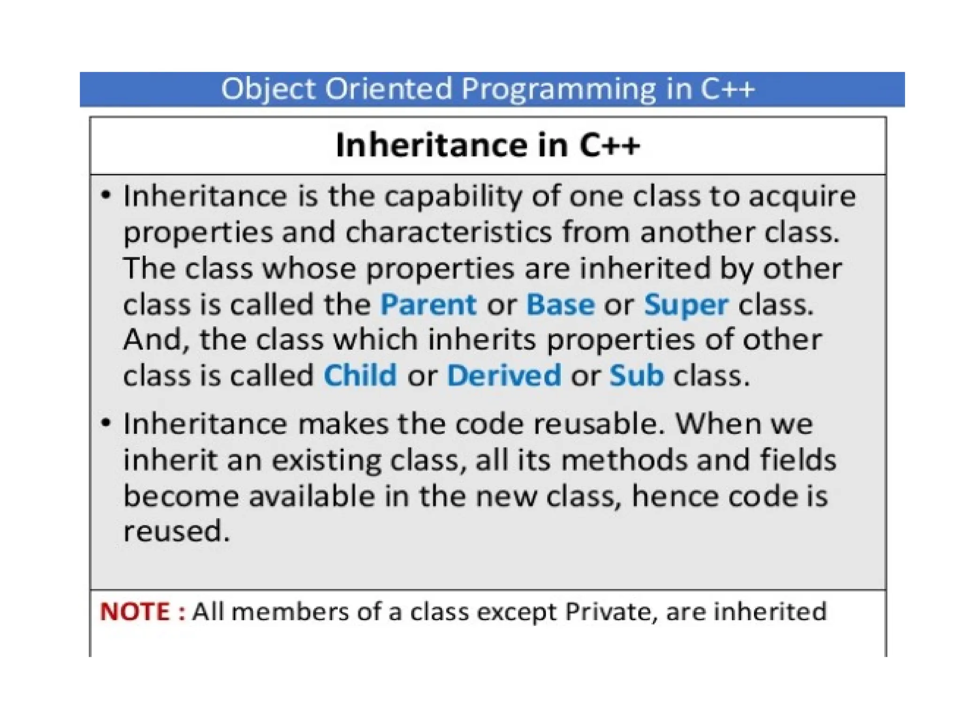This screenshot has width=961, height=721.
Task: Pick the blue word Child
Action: pos(360,376)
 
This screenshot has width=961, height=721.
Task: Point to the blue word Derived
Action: pos(504,376)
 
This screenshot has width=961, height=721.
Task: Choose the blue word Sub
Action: pos(636,376)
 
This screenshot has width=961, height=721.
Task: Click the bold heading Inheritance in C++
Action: pos(488,145)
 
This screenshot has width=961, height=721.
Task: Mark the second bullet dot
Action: pos(107,422)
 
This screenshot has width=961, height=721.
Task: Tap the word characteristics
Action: pos(449,233)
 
